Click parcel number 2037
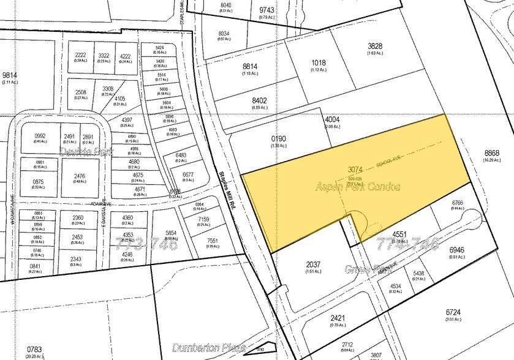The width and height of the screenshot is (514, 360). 296,265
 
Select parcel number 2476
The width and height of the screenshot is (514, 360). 80,177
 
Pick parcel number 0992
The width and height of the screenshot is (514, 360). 40,136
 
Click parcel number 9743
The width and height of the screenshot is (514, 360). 267,10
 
